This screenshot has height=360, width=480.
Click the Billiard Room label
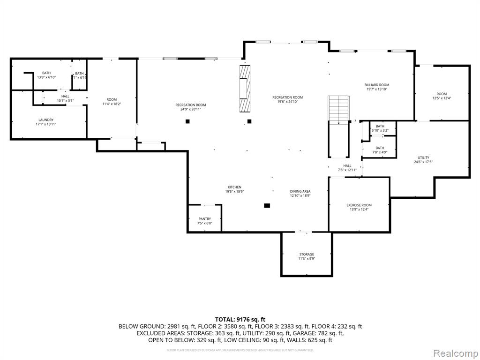[x=377, y=85]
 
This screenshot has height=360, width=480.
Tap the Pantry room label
[x=204, y=219]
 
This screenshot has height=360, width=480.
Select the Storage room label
[x=307, y=255]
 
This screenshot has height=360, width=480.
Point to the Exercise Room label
[x=359, y=205]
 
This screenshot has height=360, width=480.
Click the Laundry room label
[x=46, y=120]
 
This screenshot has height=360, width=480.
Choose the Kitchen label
[x=234, y=187]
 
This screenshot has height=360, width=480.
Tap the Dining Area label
[x=300, y=191]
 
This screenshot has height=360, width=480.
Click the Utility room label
[x=423, y=157]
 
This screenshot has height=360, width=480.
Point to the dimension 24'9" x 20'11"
[x=191, y=109]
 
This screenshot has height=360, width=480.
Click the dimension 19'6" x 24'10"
[x=287, y=102]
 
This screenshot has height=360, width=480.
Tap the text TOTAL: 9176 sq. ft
[x=240, y=319]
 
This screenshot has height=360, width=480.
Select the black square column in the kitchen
[x=267, y=205]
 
